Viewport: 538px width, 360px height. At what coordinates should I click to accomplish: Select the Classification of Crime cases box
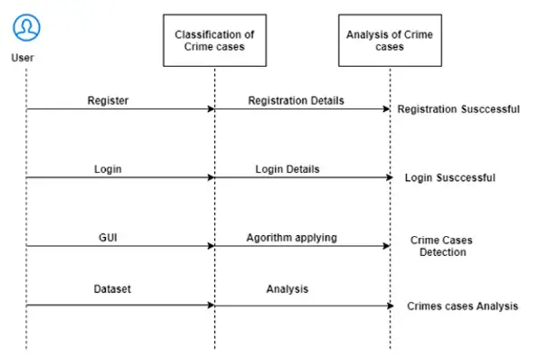click(214, 41)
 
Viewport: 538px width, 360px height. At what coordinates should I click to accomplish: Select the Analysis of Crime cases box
click(390, 41)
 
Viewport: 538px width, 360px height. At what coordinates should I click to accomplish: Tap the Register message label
click(108, 99)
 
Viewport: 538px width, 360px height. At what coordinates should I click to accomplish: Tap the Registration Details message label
click(296, 99)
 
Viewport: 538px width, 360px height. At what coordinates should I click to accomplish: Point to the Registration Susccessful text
click(458, 109)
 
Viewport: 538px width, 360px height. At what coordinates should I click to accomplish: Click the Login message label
click(108, 168)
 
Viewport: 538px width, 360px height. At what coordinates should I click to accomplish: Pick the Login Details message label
click(288, 168)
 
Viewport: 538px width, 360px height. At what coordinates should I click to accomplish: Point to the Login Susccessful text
click(450, 178)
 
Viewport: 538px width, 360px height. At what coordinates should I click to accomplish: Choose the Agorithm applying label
click(291, 237)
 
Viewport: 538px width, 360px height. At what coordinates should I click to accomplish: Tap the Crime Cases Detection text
click(441, 246)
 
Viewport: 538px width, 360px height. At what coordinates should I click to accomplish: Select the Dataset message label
click(112, 289)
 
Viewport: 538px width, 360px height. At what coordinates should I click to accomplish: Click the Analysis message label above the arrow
click(287, 289)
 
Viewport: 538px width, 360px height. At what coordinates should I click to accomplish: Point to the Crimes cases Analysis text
click(462, 307)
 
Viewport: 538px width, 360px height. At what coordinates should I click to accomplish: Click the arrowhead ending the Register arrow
click(211, 109)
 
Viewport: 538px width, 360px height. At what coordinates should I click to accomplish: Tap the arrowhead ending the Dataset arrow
click(211, 305)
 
